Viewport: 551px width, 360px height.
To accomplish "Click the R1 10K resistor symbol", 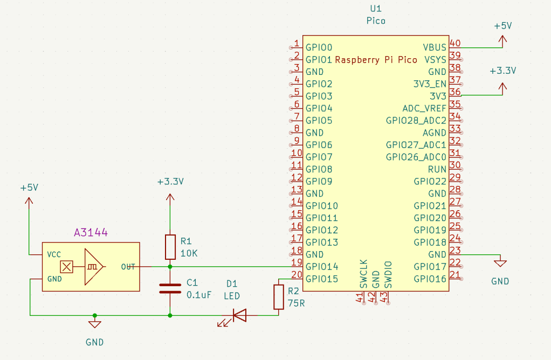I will (170, 247).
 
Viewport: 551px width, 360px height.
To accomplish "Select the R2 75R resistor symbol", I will (278, 297).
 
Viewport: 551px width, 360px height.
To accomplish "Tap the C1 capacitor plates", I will (170, 288).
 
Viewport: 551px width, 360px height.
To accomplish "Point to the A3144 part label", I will (91, 233).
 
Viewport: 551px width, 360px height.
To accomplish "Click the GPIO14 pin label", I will (322, 267).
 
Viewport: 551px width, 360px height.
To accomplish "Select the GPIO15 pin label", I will (322, 279).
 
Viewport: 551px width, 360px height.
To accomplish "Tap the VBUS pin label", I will (435, 47).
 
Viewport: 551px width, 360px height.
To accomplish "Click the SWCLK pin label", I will (363, 274).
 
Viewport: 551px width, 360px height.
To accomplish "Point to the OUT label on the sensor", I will (128, 267).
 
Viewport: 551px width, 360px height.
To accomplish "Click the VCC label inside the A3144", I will (54, 254).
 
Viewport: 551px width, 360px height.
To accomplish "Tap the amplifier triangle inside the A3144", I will (93, 267).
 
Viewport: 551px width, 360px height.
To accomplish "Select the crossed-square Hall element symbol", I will (66, 267).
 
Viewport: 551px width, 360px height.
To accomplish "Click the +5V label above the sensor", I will (29, 188).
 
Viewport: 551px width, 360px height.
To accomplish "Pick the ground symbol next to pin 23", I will (500, 262).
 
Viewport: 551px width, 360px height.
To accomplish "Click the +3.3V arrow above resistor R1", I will (170, 198).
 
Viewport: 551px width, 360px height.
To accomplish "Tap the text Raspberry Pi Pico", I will (376, 60).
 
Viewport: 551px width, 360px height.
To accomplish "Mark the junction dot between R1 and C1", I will (170, 266).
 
